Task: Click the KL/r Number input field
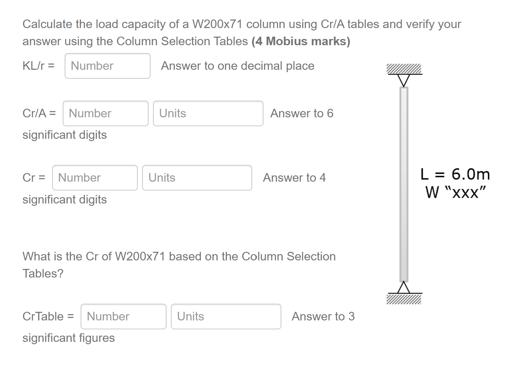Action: click(107, 66)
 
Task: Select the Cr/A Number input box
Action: click(105, 113)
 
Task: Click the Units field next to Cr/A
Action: click(208, 113)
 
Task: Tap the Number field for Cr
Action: click(95, 178)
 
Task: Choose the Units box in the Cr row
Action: click(197, 178)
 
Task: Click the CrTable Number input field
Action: click(123, 317)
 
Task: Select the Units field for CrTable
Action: click(226, 317)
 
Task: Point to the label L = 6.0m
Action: click(455, 174)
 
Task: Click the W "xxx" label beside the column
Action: click(455, 192)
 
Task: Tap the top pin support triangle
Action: click(404, 80)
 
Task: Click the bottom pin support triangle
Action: click(404, 288)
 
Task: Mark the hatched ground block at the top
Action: click(404, 69)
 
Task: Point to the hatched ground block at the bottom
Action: click(404, 299)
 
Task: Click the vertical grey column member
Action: click(404, 183)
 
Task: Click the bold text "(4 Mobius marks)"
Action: click(301, 41)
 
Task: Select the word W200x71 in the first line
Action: click(217, 24)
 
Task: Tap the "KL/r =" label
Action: click(38, 66)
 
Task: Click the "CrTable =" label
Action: click(48, 317)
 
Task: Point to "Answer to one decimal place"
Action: click(237, 66)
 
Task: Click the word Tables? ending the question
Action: click(43, 274)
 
